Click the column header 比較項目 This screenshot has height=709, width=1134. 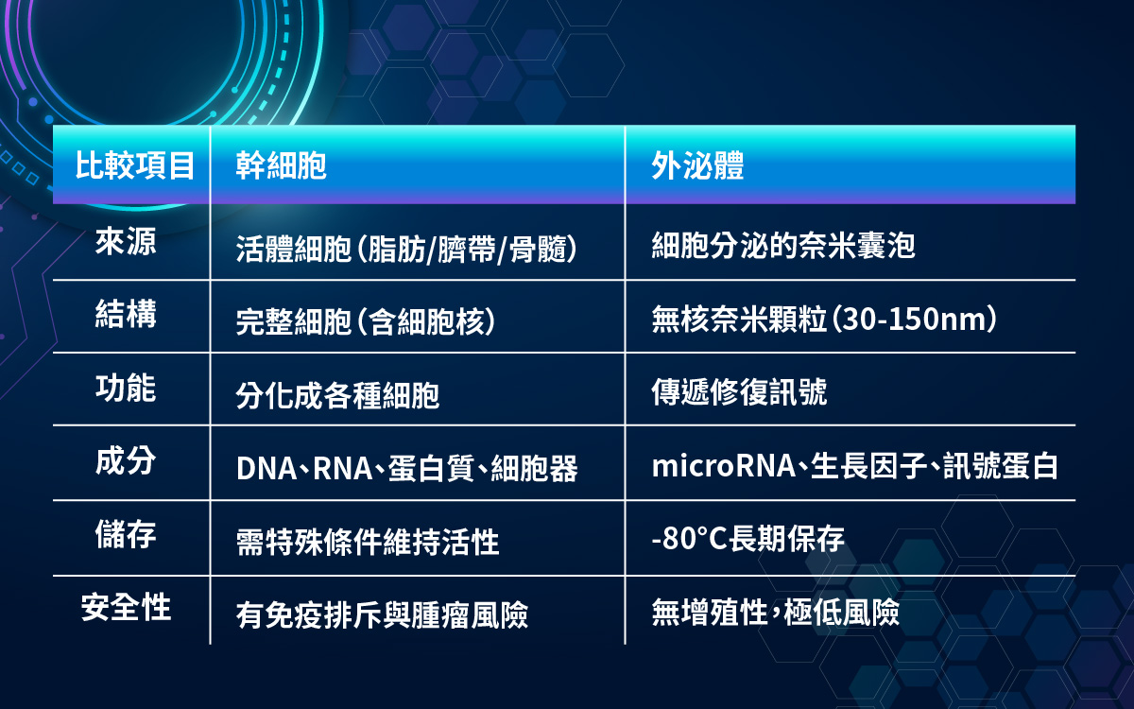[134, 165]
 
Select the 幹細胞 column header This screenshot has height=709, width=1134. [281, 165]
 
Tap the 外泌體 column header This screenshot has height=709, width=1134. [697, 165]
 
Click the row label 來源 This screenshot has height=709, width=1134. [126, 241]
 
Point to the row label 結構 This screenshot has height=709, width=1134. [126, 314]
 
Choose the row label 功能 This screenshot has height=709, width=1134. [126, 388]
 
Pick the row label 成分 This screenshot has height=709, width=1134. [126, 461]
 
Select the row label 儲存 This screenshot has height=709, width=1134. [126, 534]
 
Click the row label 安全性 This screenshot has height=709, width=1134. [126, 607]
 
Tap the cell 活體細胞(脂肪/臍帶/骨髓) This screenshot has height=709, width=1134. [406, 250]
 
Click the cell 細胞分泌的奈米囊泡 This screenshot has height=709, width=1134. [783, 246]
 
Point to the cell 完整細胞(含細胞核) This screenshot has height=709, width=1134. [366, 321]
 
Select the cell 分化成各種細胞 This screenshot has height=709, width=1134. [337, 395]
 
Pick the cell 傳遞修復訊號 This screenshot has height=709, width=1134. [739, 392]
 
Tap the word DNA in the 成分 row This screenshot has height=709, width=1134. [266, 469]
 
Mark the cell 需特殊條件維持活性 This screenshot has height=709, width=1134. [368, 542]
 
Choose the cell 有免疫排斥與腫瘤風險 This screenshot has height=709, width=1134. [382, 614]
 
